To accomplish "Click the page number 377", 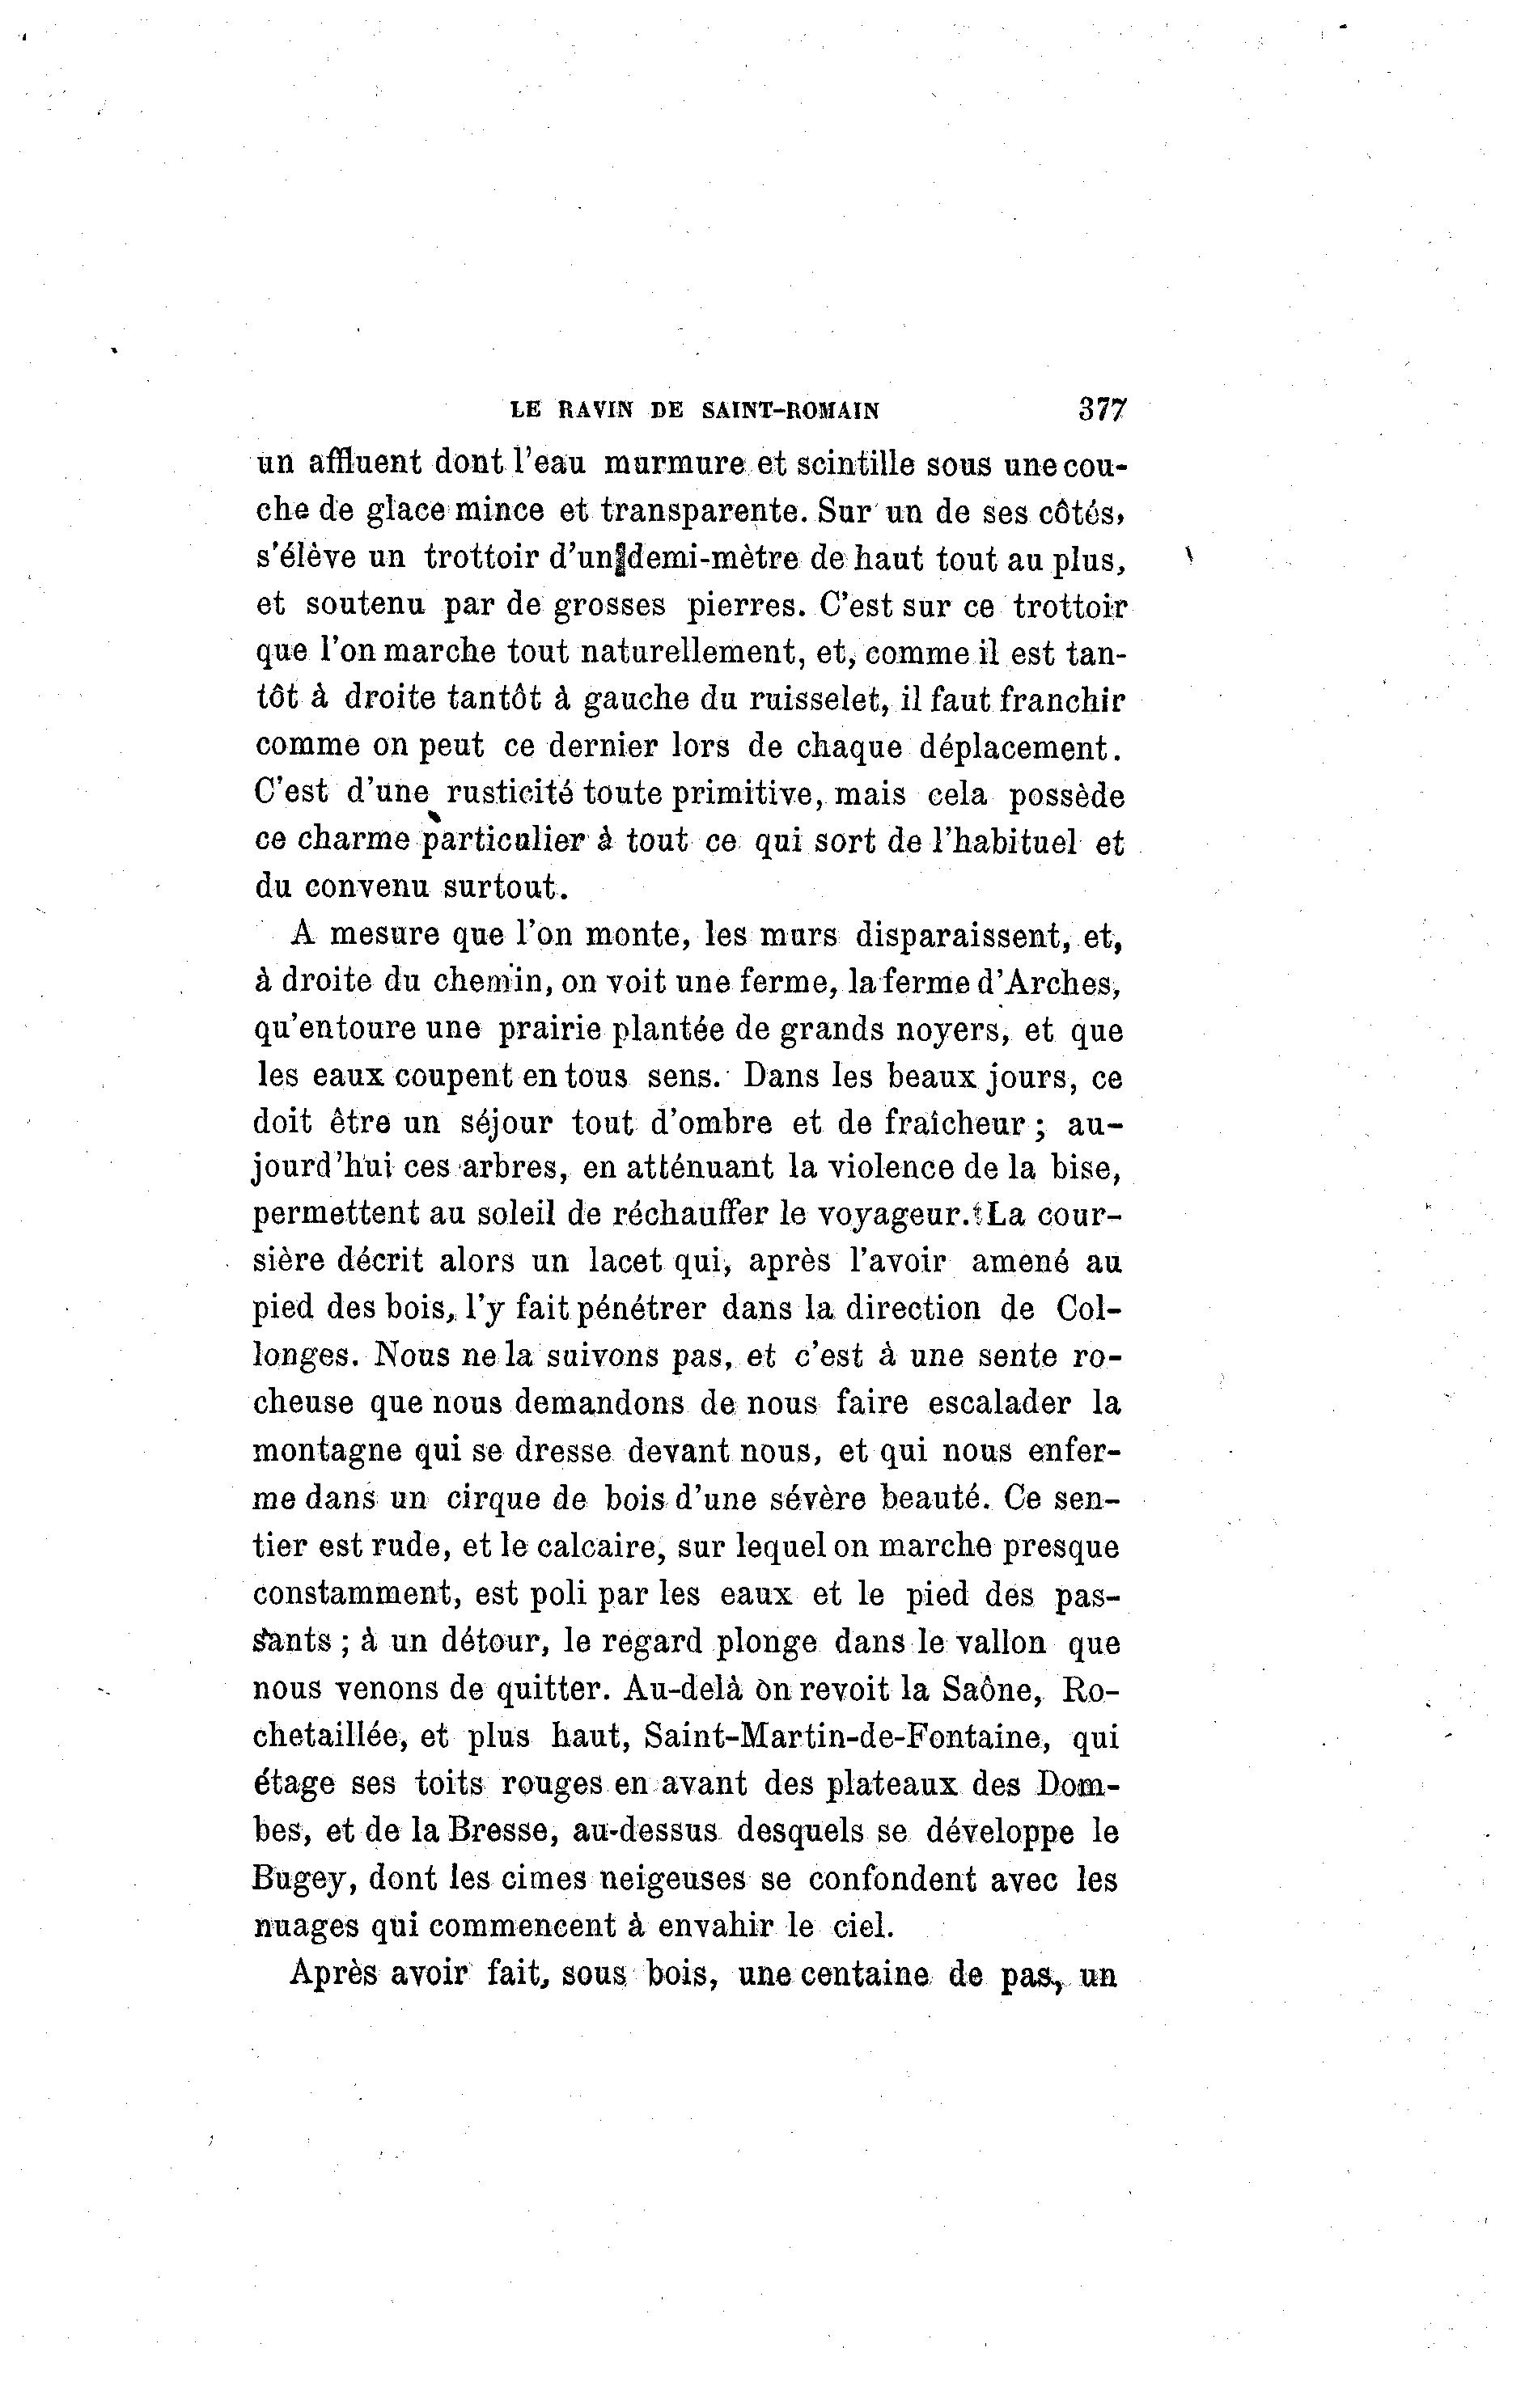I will click(1102, 410).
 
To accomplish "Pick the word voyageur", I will click(896, 1215).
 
